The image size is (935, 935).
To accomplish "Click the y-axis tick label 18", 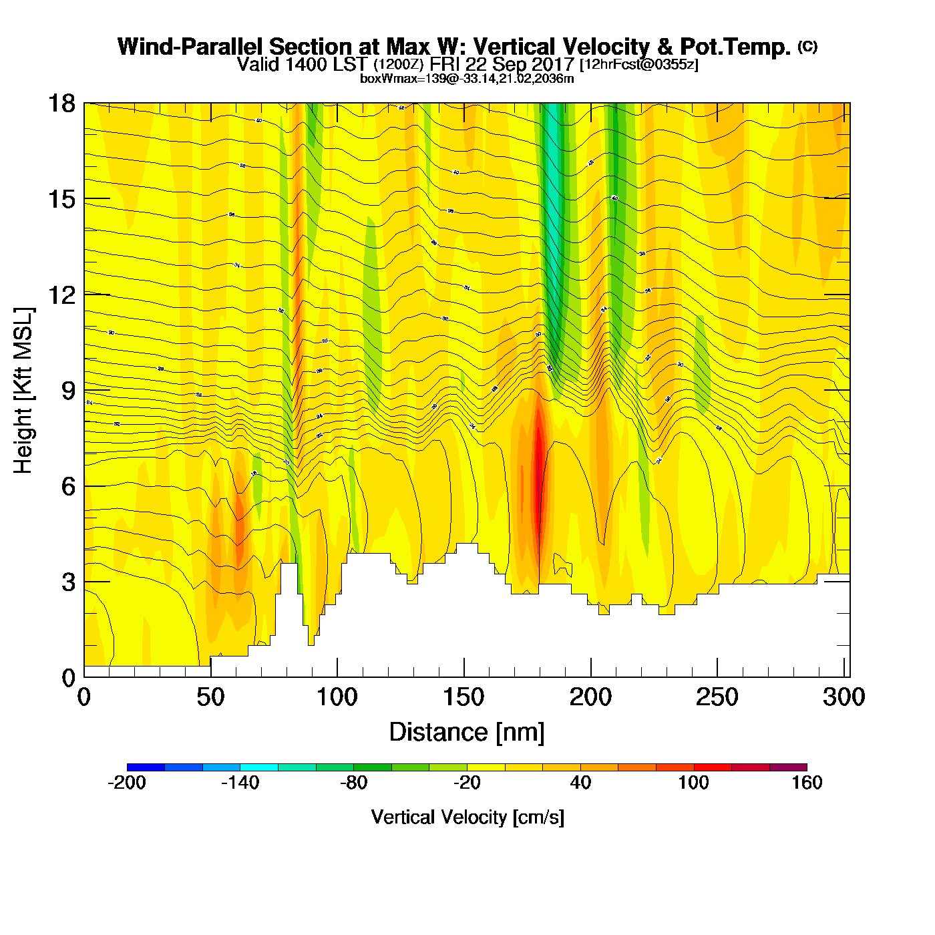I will (x=61, y=104).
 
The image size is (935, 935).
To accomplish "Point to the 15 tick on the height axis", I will (x=61, y=199).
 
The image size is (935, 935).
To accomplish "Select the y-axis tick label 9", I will (x=68, y=391).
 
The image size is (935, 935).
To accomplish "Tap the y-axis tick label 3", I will (x=68, y=582).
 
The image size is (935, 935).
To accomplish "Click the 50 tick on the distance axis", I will (x=210, y=697).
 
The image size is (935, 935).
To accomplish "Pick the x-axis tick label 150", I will (x=463, y=697).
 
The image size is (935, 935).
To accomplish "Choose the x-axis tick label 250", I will (x=717, y=697).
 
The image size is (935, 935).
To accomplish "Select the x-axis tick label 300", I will (x=844, y=697).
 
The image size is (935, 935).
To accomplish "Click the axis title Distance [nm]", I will (x=467, y=733).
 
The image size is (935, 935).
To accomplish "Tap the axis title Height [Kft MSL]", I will (x=23, y=391).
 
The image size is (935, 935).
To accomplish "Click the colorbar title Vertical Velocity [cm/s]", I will (x=467, y=817).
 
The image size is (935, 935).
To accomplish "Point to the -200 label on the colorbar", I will (x=127, y=783).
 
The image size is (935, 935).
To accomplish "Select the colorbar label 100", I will (x=693, y=783).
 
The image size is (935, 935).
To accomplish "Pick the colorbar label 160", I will (x=807, y=783).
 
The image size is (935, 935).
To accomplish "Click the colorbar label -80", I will (x=353, y=783).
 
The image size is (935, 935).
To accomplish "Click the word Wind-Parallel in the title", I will (x=192, y=47).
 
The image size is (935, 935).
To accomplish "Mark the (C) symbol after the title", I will (x=807, y=46).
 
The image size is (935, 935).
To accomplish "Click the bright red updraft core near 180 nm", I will (x=538, y=467).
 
